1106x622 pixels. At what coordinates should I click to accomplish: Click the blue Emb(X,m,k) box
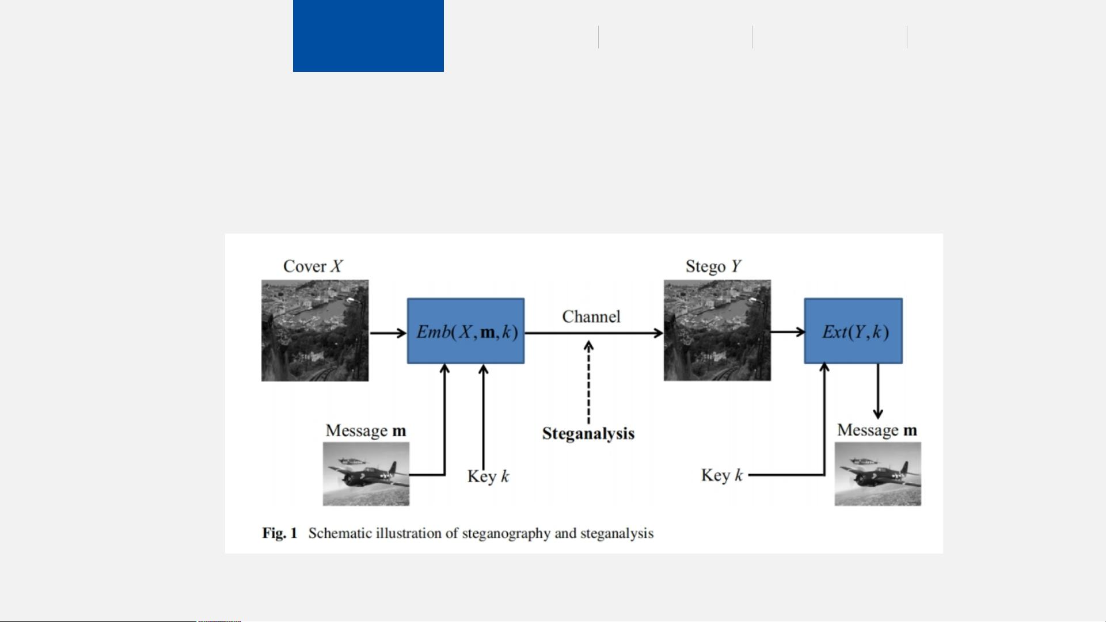point(466,331)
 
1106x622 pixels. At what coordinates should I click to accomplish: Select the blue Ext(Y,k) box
point(853,331)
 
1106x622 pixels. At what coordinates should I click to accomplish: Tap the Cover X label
point(313,266)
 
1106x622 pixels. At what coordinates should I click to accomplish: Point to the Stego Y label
point(713,266)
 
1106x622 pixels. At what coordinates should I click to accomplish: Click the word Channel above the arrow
point(591,316)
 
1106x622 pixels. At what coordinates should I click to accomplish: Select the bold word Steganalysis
point(588,433)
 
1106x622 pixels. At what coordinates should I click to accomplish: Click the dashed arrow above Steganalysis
point(588,383)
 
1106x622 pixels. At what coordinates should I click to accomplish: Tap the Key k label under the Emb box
point(488,476)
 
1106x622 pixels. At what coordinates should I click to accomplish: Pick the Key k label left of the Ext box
point(722,475)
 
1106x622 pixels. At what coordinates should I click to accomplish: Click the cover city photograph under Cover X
point(315,330)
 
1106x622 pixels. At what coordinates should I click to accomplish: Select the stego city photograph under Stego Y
point(717,330)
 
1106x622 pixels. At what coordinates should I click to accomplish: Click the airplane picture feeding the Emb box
point(366,474)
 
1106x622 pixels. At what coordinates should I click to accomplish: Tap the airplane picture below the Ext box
point(877,474)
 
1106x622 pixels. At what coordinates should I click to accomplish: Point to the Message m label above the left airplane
point(366,430)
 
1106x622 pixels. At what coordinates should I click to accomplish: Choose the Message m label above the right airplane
point(877,430)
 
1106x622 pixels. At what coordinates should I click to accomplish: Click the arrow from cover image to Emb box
point(387,333)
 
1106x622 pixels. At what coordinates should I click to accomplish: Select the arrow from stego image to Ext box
point(787,331)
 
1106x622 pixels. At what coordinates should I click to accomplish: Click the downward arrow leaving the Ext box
point(877,391)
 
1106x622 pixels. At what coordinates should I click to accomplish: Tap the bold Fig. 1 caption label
point(280,533)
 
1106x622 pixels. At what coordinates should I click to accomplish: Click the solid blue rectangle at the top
point(368,36)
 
